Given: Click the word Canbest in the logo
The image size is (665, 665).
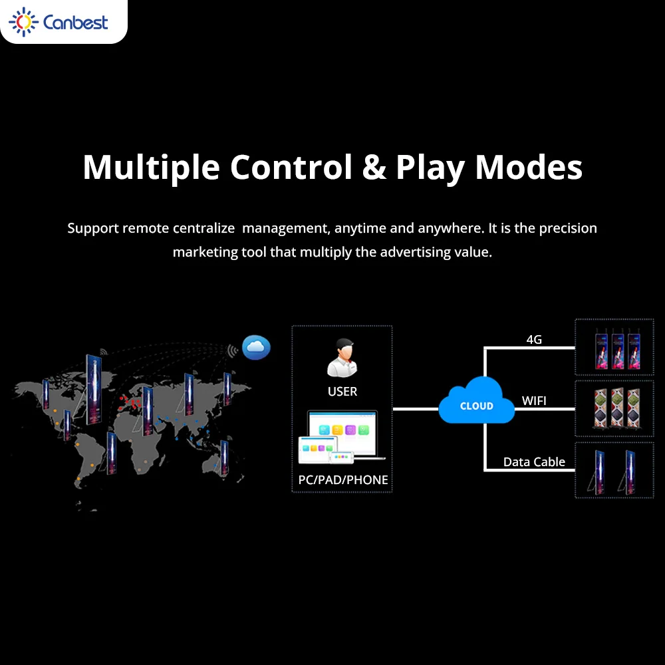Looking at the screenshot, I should pos(74,23).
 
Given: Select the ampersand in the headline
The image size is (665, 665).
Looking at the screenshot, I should pos(374,167).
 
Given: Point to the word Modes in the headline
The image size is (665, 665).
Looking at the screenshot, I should pos(529,167).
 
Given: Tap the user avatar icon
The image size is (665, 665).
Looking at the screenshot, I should pos(342,357).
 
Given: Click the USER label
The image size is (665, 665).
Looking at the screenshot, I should pos(342,392).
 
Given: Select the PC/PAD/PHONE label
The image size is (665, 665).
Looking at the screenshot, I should pos(342,479).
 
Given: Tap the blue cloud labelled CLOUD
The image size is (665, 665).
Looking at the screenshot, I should pos(476,401).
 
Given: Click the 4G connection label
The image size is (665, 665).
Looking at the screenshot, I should pos(534,340).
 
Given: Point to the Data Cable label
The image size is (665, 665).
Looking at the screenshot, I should pos(534,462).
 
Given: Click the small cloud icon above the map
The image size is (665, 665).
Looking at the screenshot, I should pos(256,346).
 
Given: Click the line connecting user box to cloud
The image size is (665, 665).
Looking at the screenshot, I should pos(416,409).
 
